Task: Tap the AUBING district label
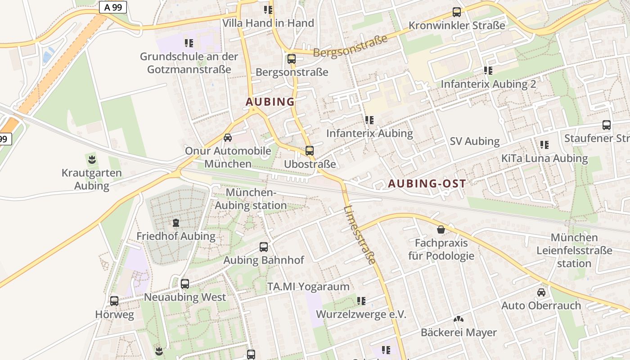270,102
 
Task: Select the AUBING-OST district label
427,183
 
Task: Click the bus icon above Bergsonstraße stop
291,59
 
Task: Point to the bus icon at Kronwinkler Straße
457,12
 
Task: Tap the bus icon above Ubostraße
309,151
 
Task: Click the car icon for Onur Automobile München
228,138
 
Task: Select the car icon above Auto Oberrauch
541,292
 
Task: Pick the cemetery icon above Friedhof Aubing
176,223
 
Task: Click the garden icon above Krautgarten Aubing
92,159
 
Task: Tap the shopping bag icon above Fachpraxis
441,230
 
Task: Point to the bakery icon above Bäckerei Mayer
459,319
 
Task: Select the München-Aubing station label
251,199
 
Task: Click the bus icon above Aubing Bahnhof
264,247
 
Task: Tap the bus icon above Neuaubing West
185,284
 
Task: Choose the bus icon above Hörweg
114,301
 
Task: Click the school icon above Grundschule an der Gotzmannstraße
189,43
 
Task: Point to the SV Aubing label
475,141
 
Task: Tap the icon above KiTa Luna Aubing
544,145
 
